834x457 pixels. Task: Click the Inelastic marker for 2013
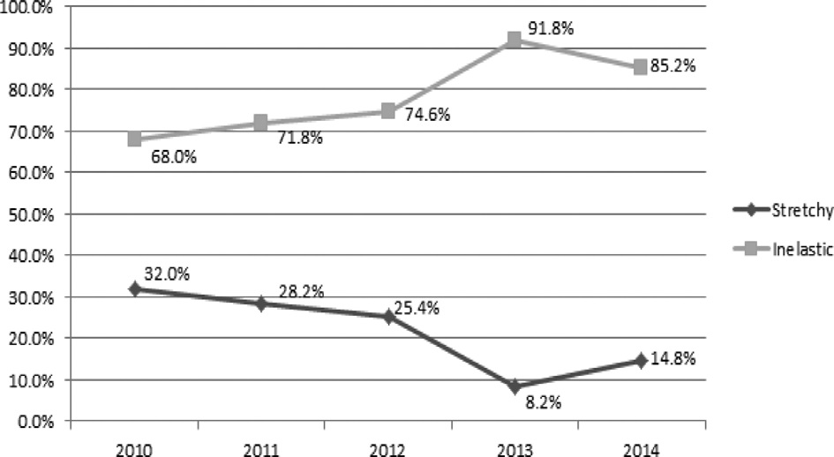pos(515,40)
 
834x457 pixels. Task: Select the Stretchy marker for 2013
pos(515,386)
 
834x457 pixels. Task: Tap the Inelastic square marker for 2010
pos(134,139)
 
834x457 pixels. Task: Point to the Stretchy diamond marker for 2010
pos(134,288)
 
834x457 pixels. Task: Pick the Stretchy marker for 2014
pos(641,360)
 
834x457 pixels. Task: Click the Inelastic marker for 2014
pos(641,67)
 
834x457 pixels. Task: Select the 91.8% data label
pos(551,29)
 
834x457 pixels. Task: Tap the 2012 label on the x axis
pos(387,446)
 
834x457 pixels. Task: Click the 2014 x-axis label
pos(641,446)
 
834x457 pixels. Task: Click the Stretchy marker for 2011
pos(261,303)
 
